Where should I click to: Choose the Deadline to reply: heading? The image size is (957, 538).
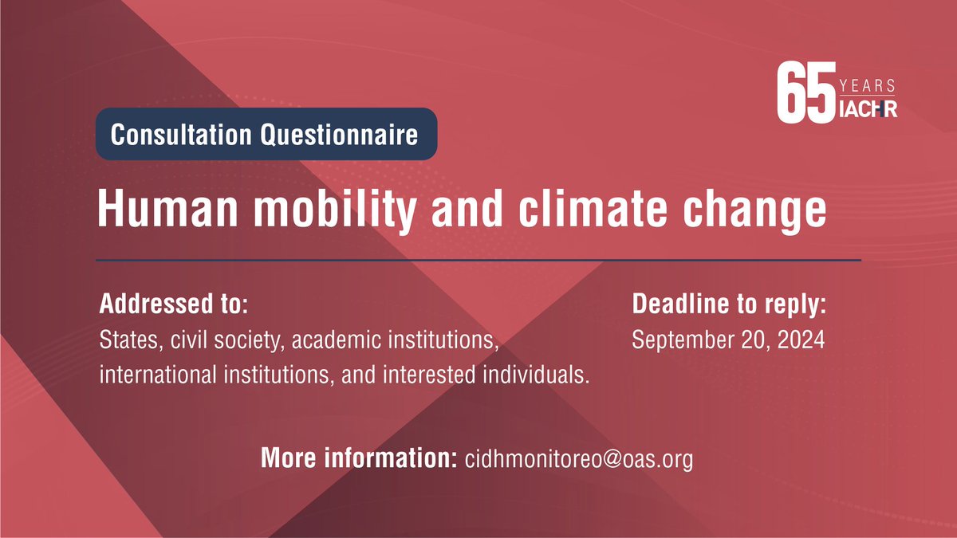pos(728,304)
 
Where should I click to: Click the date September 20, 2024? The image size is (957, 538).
pos(728,340)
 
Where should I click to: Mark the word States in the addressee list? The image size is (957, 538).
pos(126,340)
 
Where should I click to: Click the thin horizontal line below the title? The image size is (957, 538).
pos(478,260)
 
